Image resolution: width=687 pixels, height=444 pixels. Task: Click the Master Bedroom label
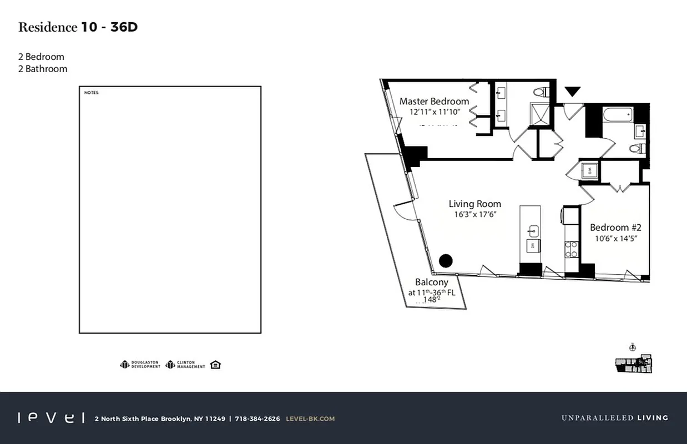[434, 102]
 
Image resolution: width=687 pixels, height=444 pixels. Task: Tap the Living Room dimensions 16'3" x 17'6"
[474, 214]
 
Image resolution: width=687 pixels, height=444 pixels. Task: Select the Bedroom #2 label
[615, 228]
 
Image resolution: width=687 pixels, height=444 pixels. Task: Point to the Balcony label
[431, 282]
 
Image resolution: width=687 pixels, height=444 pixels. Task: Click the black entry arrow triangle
[572, 92]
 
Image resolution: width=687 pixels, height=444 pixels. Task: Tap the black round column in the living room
[446, 260]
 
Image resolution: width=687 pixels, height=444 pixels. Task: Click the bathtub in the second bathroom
[617, 115]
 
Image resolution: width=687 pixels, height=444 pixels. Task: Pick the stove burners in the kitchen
[571, 249]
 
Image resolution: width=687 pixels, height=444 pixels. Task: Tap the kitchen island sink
[533, 231]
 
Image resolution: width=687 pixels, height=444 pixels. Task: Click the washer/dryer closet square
[588, 170]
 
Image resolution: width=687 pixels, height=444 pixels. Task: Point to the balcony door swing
[403, 210]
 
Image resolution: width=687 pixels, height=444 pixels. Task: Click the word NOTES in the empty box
[91, 93]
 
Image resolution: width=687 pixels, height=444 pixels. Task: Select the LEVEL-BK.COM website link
[310, 418]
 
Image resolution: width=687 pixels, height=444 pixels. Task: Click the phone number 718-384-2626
[257, 418]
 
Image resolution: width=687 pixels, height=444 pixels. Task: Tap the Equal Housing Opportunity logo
[215, 365]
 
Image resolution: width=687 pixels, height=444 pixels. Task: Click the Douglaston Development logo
[140, 365]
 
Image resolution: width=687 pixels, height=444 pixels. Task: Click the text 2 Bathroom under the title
[43, 69]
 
